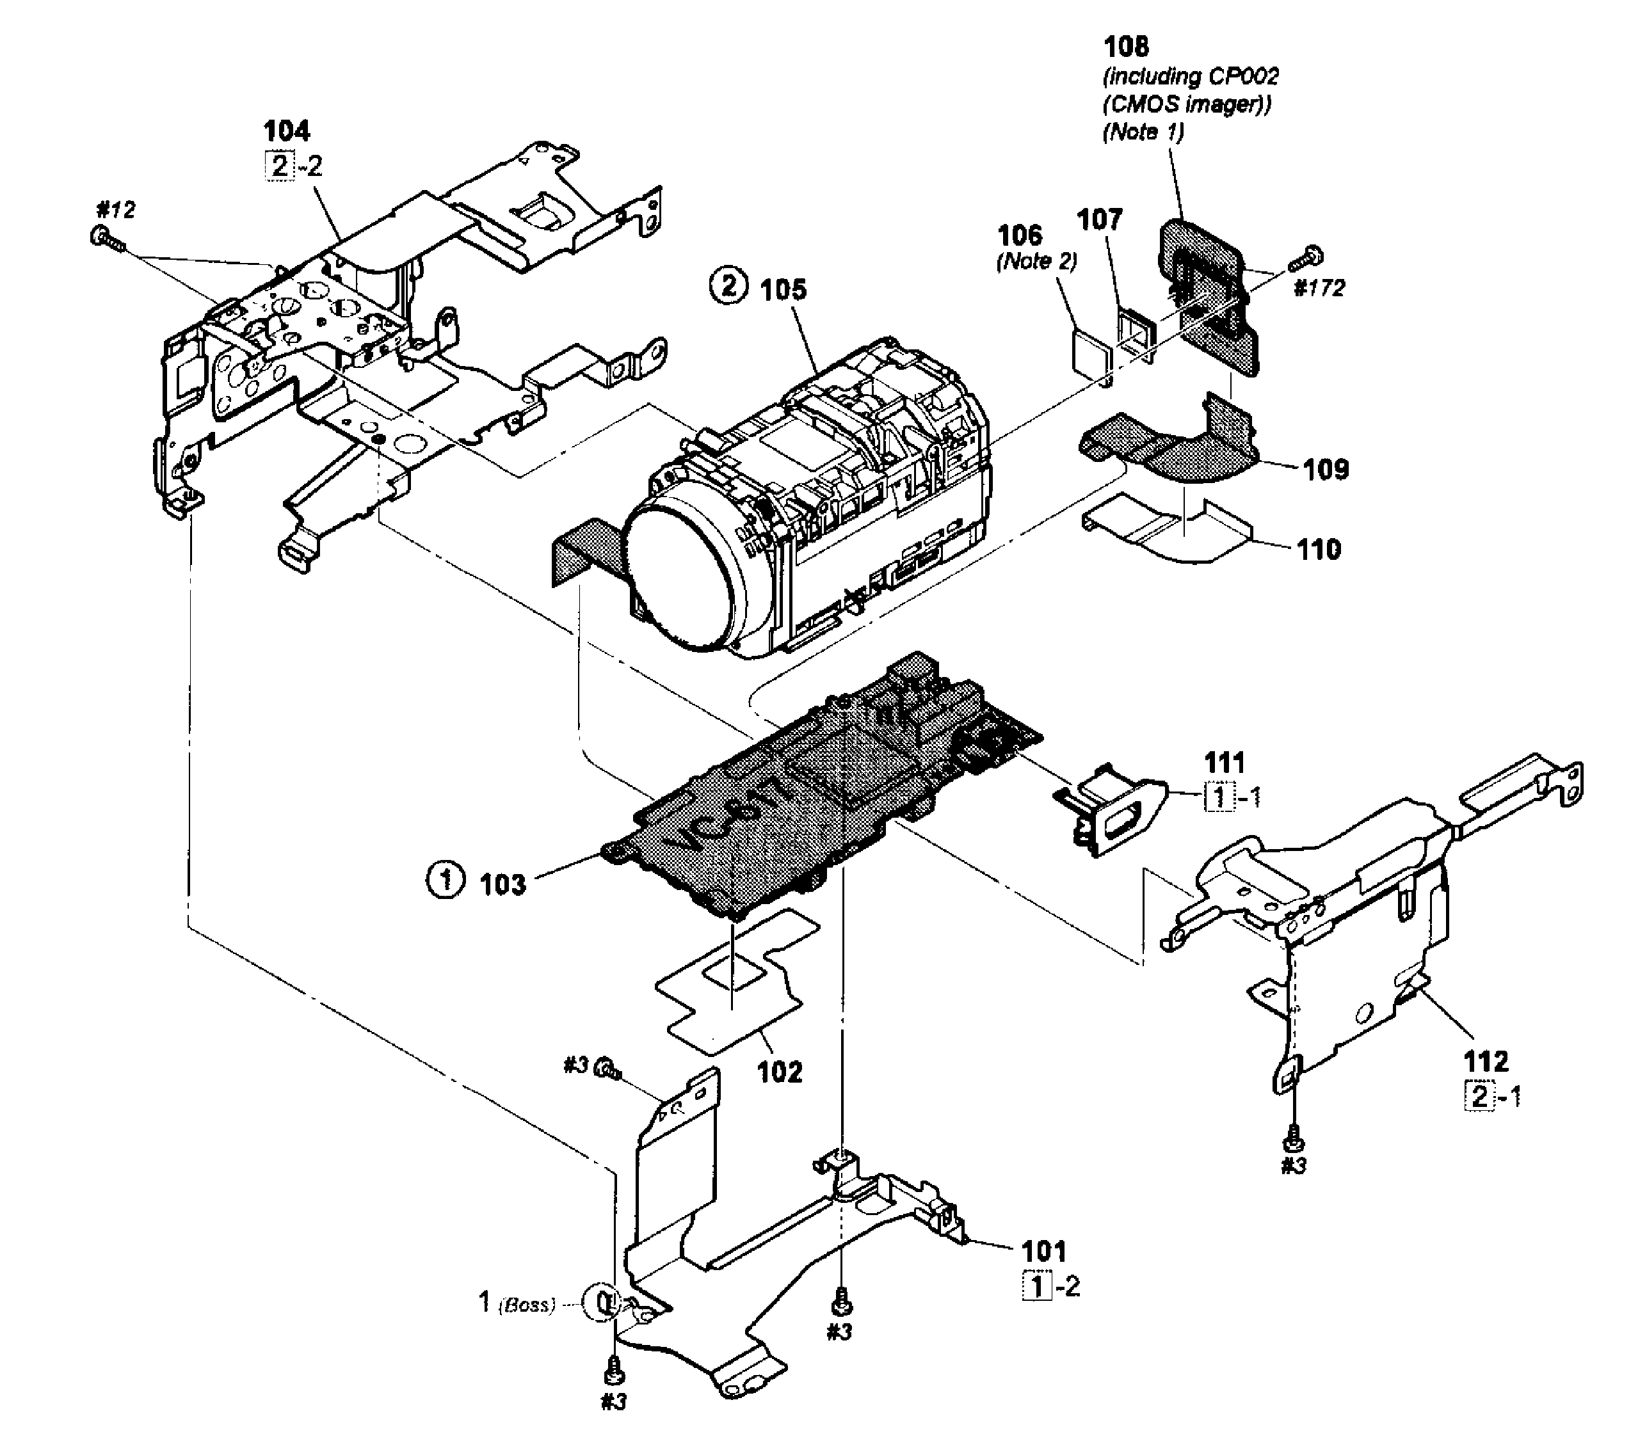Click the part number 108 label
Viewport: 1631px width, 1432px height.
tap(1126, 47)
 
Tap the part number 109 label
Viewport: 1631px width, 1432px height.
tap(1326, 469)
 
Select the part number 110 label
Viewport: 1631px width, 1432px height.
tap(1318, 550)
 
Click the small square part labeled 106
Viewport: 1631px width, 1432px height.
tap(1090, 351)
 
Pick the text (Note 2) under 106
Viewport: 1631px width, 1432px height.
tap(1036, 261)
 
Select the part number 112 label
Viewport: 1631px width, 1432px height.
tap(1486, 1061)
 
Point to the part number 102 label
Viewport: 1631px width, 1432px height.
tap(779, 1071)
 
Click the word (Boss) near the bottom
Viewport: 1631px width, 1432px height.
tap(526, 1305)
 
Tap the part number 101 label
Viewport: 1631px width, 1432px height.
tap(1044, 1251)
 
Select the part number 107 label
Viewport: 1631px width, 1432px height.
tap(1100, 219)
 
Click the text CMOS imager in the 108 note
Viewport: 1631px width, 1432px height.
tap(1187, 104)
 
